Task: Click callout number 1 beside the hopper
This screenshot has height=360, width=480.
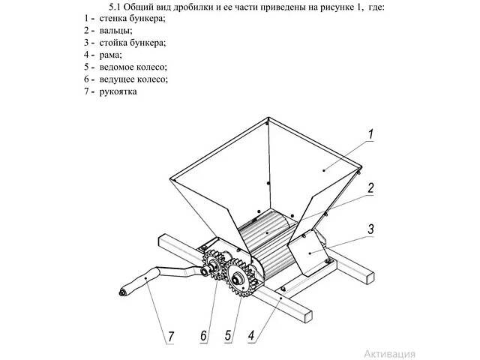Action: pos(370,135)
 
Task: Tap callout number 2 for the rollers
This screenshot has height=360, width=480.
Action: pos(370,188)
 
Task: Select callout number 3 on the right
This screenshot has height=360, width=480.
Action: pos(370,229)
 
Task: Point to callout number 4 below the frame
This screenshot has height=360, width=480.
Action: pos(251,335)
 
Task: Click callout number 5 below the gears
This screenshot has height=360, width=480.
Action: pos(228,335)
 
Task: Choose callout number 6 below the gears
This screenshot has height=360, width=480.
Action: pos(203,336)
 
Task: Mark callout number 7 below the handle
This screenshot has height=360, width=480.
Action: pos(170,337)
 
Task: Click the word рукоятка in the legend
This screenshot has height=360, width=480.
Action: pos(118,91)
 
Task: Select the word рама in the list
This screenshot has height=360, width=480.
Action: pos(110,55)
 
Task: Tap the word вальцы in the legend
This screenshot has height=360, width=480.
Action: pos(115,31)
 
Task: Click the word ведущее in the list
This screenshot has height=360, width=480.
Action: pos(117,79)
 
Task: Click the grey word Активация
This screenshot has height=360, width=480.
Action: pos(390,354)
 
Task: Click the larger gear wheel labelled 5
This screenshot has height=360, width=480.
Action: pos(240,277)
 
